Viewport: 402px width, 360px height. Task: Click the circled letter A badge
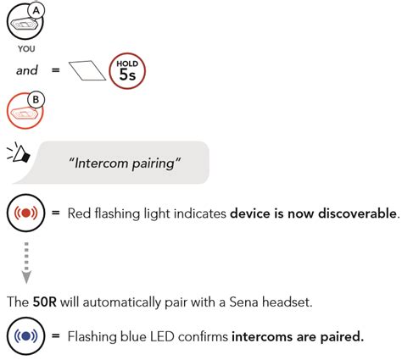click(x=35, y=10)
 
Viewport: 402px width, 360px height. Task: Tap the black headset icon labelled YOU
click(x=22, y=25)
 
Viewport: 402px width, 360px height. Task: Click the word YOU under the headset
click(x=25, y=48)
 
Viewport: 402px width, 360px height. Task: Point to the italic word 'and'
click(x=27, y=70)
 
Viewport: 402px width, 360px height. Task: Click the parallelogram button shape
click(x=86, y=71)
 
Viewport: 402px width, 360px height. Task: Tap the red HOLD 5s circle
click(x=126, y=70)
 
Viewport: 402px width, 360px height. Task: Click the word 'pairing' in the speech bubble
click(x=153, y=163)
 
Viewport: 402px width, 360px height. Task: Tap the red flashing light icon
click(x=25, y=211)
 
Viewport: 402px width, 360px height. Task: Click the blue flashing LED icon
click(x=25, y=336)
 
